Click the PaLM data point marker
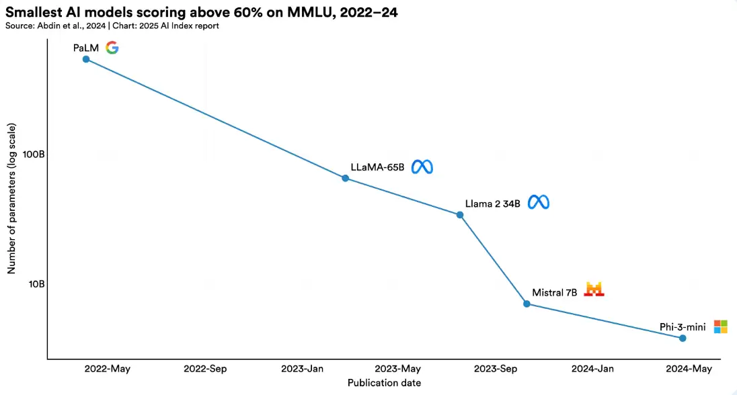point(85,59)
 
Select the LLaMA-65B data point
point(345,178)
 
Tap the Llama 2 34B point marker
point(460,215)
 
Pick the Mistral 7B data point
point(527,304)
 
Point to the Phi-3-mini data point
point(683,338)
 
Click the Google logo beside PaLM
point(112,48)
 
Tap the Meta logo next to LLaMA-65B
point(422,167)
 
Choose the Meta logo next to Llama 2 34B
point(539,202)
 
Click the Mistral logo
point(594,290)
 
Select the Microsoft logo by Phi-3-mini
point(720,326)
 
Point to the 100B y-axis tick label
point(34,154)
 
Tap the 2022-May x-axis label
point(108,369)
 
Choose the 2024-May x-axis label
point(689,369)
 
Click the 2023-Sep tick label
point(495,369)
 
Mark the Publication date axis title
point(384,383)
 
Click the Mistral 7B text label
point(555,293)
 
